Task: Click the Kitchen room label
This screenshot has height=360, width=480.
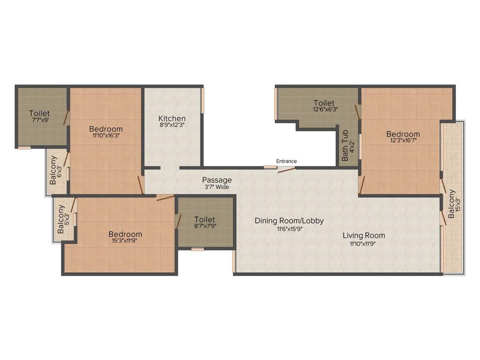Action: pyautogui.click(x=172, y=118)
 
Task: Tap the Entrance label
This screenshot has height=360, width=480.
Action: pyautogui.click(x=286, y=161)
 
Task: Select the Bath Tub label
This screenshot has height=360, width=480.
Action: pyautogui.click(x=345, y=146)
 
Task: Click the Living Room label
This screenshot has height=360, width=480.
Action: pyautogui.click(x=363, y=235)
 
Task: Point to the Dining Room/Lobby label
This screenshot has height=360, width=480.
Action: pyautogui.click(x=289, y=220)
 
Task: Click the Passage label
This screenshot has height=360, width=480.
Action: pyautogui.click(x=217, y=180)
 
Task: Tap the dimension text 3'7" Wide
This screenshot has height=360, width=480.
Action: pyautogui.click(x=217, y=187)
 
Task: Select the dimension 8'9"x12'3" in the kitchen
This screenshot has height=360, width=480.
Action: pyautogui.click(x=172, y=126)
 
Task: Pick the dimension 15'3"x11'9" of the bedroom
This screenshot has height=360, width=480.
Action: pyautogui.click(x=125, y=241)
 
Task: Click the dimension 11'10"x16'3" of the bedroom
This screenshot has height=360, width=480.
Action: pyautogui.click(x=106, y=136)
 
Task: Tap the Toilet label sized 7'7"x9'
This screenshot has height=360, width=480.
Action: pyautogui.click(x=39, y=113)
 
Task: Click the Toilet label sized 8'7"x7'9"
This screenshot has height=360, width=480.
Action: pyautogui.click(x=204, y=219)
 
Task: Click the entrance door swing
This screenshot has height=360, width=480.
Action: pyautogui.click(x=286, y=169)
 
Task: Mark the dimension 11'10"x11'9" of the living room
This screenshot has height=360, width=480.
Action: pyautogui.click(x=363, y=243)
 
